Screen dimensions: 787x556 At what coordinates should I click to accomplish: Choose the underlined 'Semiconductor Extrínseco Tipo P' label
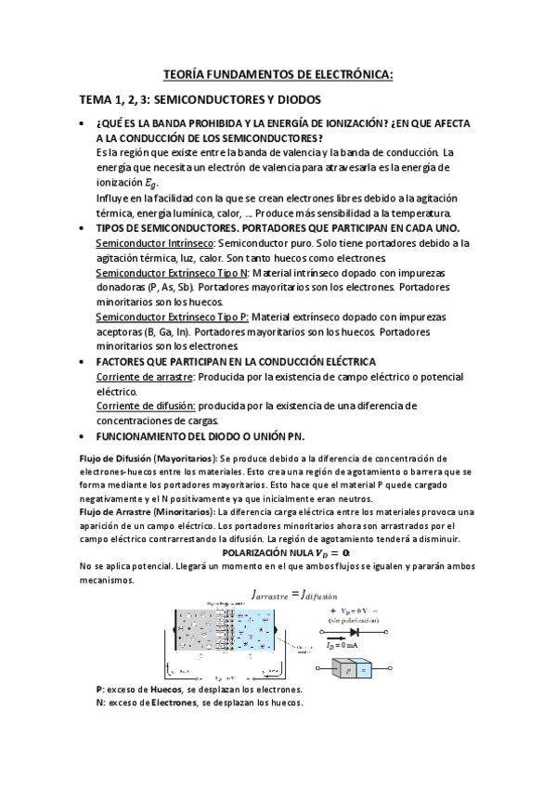171,316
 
